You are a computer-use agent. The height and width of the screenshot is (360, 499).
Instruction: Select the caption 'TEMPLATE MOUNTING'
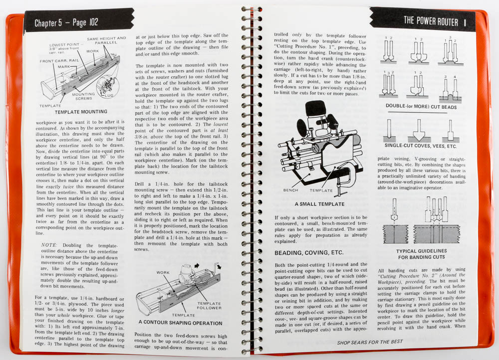(x=81, y=112)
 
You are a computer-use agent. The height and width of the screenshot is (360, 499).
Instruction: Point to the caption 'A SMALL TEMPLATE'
(x=319, y=204)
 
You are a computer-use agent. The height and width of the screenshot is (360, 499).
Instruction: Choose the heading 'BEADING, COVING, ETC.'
(x=309, y=253)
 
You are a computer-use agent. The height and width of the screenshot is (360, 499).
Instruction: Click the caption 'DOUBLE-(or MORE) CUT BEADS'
(x=423, y=106)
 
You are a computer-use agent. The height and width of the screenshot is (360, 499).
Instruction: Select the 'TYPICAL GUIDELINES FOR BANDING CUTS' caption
(x=422, y=254)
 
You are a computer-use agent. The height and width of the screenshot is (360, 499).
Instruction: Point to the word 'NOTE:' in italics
(x=50, y=245)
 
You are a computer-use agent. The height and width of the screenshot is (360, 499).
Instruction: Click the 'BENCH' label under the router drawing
(x=291, y=190)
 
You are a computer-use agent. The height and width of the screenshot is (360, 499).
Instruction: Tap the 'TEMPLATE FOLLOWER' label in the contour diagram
(x=209, y=306)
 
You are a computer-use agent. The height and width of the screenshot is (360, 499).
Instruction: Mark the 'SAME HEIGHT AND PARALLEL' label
(x=106, y=40)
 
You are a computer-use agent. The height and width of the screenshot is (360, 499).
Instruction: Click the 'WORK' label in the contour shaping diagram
(x=163, y=273)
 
